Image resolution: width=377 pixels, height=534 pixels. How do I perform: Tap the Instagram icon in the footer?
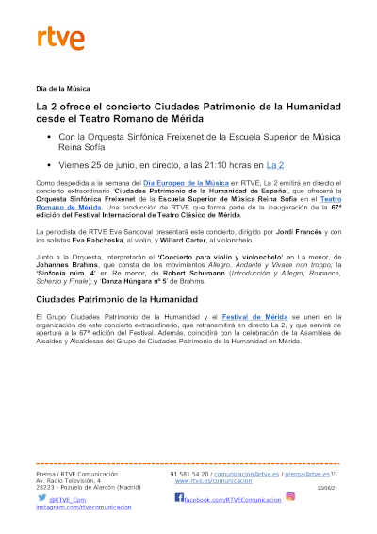coord(290,496)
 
